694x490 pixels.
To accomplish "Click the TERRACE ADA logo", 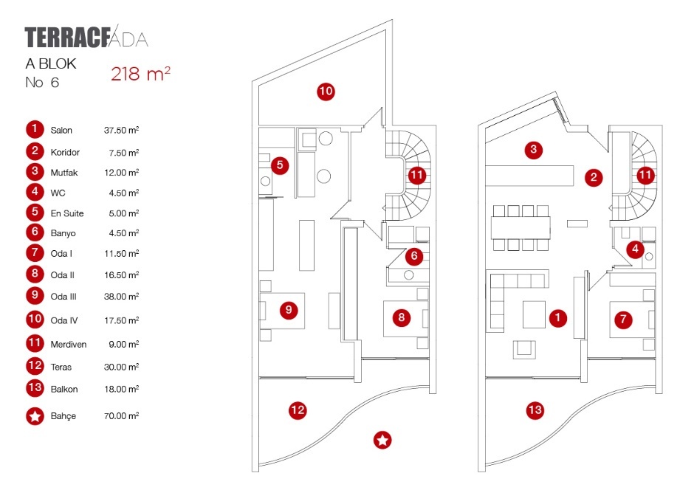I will (x=86, y=38).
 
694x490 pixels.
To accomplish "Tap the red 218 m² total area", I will (x=140, y=73).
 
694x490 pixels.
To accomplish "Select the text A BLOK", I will (x=51, y=64).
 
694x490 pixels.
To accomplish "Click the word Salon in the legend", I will (x=61, y=131).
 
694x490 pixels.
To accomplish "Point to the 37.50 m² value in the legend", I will (x=122, y=131).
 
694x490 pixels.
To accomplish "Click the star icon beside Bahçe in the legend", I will (x=35, y=416).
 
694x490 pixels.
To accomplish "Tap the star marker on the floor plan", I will (x=382, y=441).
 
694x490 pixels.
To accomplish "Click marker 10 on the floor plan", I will (x=326, y=92).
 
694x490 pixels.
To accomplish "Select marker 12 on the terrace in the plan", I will (x=298, y=410).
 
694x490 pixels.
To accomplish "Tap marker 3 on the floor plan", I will (x=535, y=151).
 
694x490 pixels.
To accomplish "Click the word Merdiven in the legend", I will (x=68, y=345).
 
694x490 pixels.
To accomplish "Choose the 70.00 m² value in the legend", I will (x=122, y=416).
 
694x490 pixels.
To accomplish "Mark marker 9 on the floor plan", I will (x=289, y=310).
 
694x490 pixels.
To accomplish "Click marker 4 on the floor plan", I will (x=635, y=249).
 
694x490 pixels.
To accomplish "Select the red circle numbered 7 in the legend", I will (x=35, y=254).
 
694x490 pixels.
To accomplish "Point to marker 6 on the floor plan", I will (x=414, y=256).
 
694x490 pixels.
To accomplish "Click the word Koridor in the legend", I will (x=65, y=152).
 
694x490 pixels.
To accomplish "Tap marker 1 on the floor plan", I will (x=559, y=317).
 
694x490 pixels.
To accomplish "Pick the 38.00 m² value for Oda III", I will (x=122, y=297).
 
